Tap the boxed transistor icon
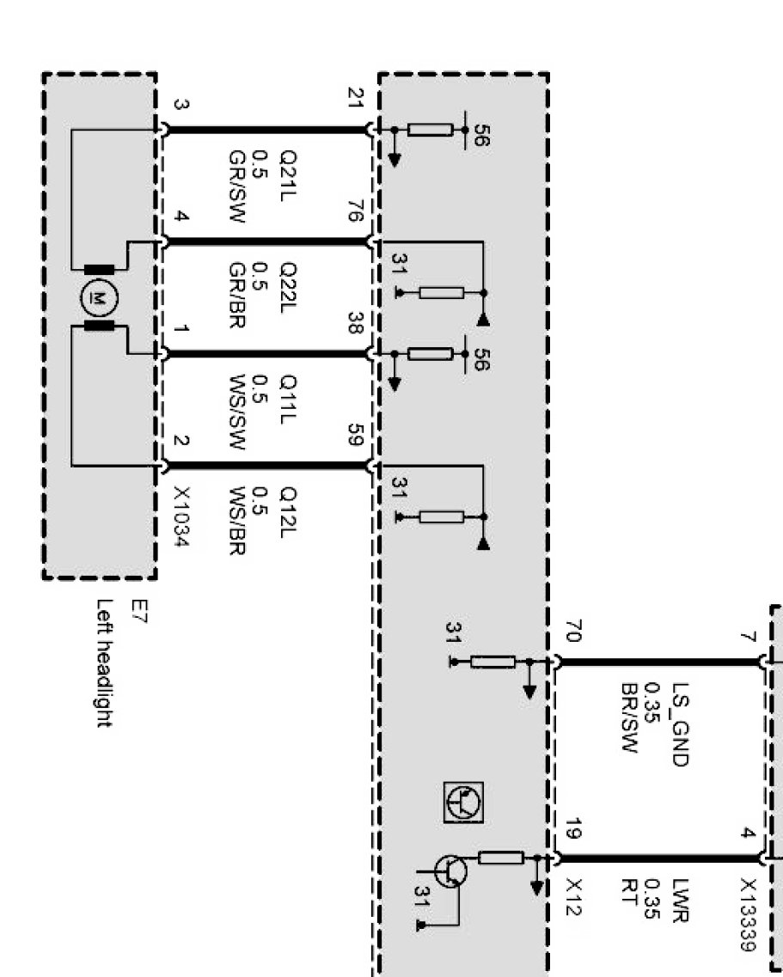tap(463, 802)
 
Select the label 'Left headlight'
tap(105, 663)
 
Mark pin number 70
tap(573, 633)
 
